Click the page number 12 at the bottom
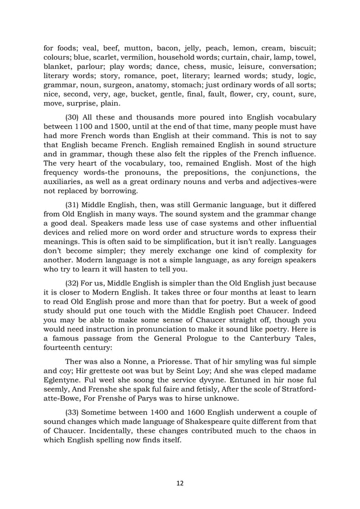pyautogui.click(x=179, y=482)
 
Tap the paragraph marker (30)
pyautogui.click(x=74, y=116)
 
